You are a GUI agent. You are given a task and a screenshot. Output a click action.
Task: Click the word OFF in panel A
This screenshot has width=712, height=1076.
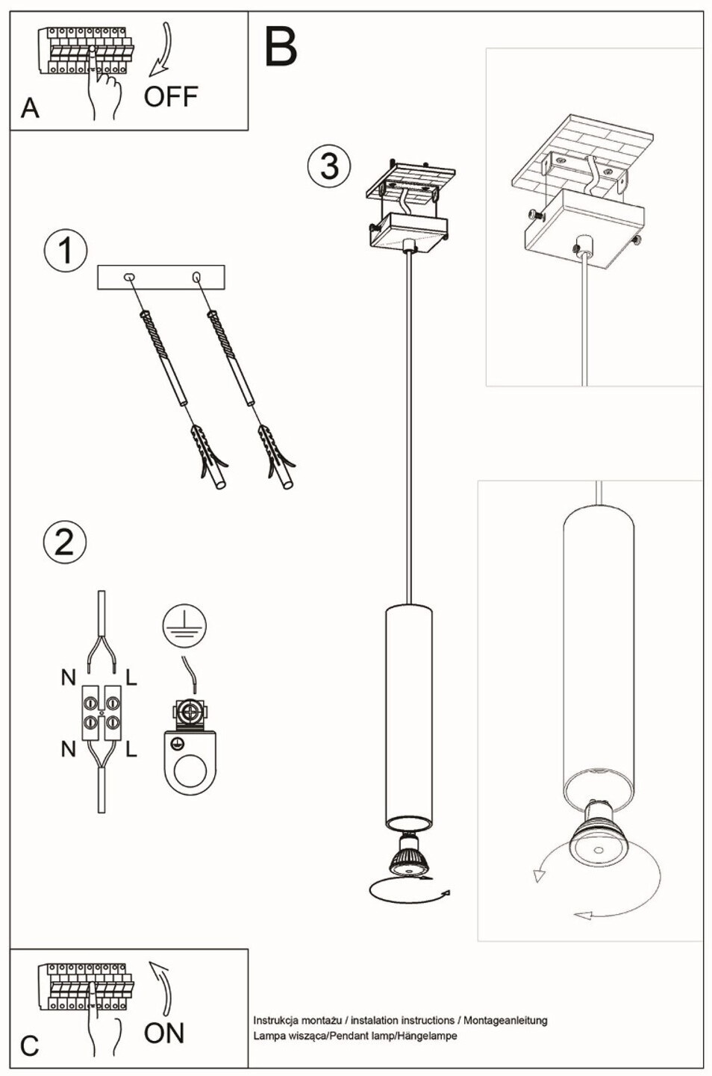pos(171,96)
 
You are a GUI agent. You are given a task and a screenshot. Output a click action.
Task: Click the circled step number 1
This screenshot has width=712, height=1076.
pos(66,251)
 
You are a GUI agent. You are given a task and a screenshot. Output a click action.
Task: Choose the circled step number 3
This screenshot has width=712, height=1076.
pos(328,166)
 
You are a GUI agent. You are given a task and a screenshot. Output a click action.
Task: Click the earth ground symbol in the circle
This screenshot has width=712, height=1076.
pos(184,626)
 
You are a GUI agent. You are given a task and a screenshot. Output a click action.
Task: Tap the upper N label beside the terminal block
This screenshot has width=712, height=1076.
pos(69,678)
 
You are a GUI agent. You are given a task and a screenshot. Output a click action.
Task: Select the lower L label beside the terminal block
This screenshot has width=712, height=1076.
pos(131,748)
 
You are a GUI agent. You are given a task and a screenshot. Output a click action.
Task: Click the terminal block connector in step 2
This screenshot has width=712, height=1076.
pos(102,712)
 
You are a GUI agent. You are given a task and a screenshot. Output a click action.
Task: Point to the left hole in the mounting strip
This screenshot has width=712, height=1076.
pos(130,278)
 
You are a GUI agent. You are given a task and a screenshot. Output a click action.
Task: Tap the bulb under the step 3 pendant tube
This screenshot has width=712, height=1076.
pos(408,857)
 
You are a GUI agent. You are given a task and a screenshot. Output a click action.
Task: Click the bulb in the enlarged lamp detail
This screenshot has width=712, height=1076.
pos(597,838)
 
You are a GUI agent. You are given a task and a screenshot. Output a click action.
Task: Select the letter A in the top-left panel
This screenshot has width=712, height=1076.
pos(30,108)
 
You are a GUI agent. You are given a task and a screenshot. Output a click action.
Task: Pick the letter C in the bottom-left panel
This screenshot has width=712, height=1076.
pos(29,1045)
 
